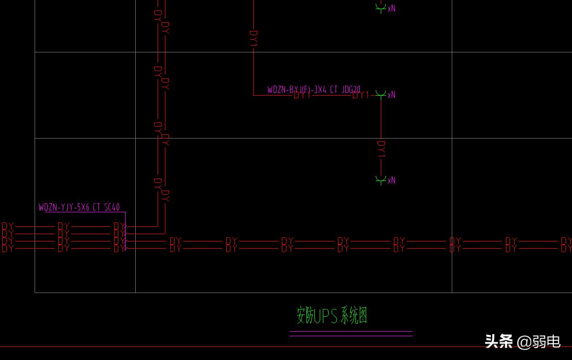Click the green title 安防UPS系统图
332,315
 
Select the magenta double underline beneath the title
351,334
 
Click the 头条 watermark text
499,341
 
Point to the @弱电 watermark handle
539,341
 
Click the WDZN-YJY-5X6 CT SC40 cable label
79,208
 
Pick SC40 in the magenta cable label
112,208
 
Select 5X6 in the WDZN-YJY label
83,208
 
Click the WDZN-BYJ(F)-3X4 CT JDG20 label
314,90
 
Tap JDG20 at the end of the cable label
351,90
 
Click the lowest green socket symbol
381,180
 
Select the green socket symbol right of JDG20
381,94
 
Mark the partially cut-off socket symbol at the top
381,7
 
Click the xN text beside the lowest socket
392,180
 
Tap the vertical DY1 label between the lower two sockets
381,149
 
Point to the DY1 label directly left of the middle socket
361,95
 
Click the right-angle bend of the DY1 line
254,95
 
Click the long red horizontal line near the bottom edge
228,346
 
